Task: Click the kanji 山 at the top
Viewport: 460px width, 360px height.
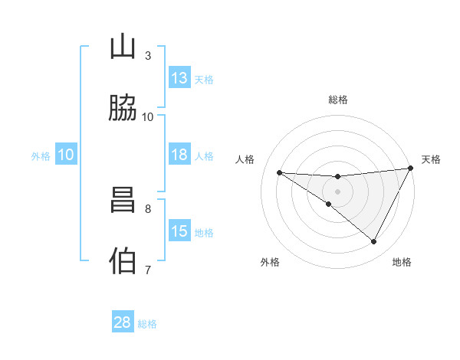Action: click(123, 47)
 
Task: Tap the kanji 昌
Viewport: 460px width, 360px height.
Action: click(123, 201)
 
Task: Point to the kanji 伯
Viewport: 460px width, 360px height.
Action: click(123, 260)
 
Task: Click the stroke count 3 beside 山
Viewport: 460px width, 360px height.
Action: click(147, 55)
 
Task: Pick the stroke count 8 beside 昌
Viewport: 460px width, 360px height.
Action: click(147, 208)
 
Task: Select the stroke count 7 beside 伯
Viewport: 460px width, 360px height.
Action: click(147, 269)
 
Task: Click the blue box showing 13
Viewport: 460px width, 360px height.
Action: click(179, 78)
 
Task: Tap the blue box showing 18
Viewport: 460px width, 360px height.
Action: click(179, 155)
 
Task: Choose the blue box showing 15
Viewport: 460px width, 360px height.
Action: click(179, 231)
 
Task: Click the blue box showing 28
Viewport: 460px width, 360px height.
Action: click(123, 322)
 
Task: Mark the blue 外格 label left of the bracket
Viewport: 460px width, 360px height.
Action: click(41, 155)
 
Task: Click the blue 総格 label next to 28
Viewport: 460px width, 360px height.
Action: click(148, 324)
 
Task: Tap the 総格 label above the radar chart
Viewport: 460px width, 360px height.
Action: click(338, 100)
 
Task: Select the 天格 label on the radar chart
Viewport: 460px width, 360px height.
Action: click(431, 159)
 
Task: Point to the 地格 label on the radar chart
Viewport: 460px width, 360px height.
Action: click(402, 262)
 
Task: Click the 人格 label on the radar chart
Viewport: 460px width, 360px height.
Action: click(245, 159)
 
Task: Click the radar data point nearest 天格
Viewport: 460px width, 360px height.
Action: click(411, 169)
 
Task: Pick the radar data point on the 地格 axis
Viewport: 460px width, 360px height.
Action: click(374, 242)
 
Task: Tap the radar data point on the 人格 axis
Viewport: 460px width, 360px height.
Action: click(280, 172)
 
